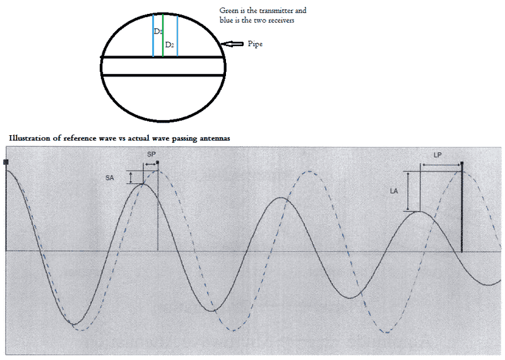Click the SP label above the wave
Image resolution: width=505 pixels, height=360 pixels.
tap(151, 154)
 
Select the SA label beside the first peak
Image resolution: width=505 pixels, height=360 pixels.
tap(109, 178)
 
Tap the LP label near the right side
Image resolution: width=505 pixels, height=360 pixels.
tap(437, 155)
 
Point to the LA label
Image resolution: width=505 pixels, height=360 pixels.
tap(394, 191)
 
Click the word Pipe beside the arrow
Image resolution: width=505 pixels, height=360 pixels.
tap(255, 44)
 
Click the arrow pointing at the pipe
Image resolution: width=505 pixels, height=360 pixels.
tap(232, 44)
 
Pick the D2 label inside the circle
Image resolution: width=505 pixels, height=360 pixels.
tap(170, 45)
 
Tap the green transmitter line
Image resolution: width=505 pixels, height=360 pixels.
tap(163, 35)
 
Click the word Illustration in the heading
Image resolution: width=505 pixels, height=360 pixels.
tap(30, 138)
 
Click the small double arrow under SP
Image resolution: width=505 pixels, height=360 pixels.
tap(150, 165)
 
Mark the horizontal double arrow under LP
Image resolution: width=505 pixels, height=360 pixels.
tap(441, 165)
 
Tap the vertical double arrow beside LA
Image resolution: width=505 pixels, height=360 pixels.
tap(408, 191)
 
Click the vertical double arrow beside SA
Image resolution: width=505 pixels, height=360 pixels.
tap(131, 177)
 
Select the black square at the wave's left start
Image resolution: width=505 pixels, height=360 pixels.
tap(6, 162)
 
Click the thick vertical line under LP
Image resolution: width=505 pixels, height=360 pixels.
tap(462, 207)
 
